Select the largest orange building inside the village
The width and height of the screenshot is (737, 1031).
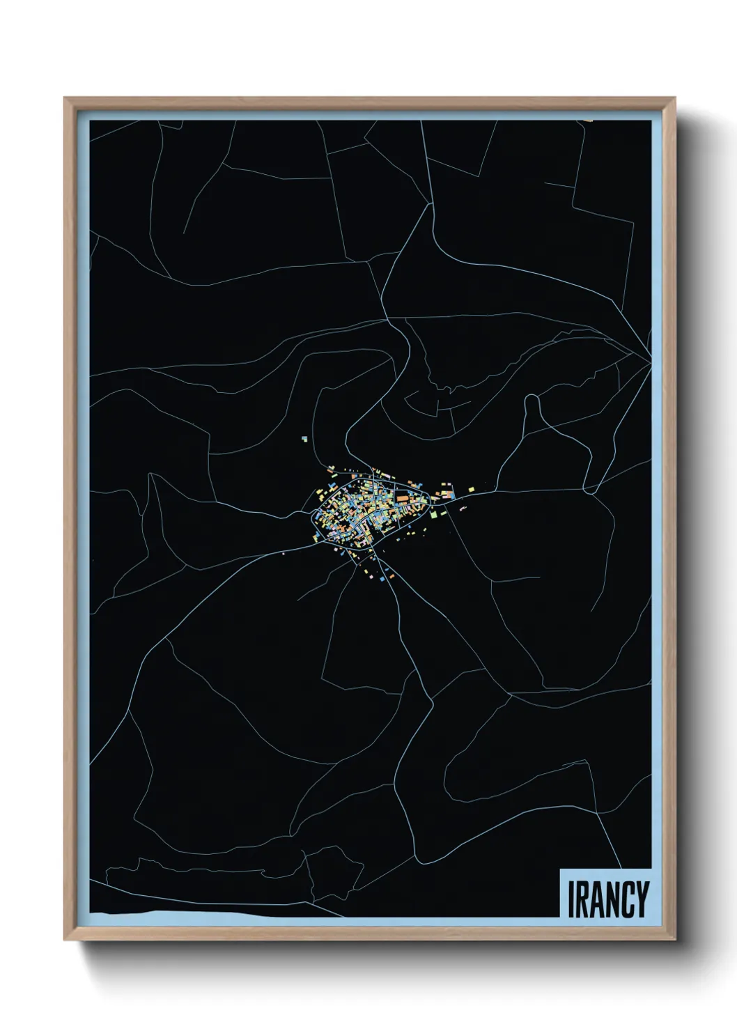point(403,499)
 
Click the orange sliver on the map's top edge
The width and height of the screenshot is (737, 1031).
point(589,121)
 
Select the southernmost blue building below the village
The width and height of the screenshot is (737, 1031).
point(381,577)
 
